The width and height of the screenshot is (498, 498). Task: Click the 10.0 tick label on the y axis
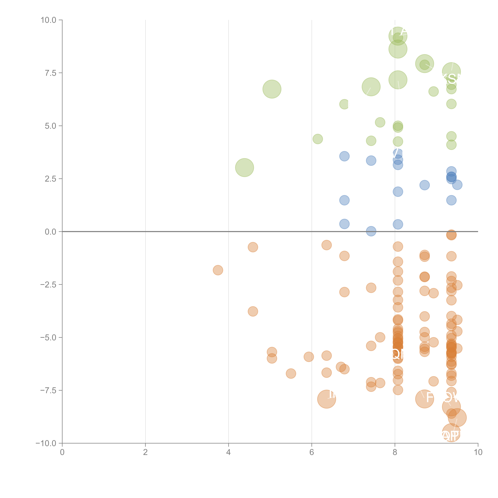click(49, 20)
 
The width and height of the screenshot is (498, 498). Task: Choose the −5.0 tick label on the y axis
click(49, 337)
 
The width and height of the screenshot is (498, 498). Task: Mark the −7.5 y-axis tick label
click(49, 390)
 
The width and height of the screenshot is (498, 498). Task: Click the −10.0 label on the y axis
click(46, 443)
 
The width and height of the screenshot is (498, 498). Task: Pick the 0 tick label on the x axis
click(62, 452)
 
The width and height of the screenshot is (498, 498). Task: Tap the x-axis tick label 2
click(145, 452)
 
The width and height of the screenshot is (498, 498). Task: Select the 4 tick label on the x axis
click(228, 452)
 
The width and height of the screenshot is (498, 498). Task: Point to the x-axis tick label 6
click(312, 452)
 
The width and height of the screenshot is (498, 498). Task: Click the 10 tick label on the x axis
click(478, 452)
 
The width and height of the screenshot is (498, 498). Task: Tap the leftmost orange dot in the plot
click(218, 270)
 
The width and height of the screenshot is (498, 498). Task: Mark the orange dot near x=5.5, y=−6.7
click(291, 373)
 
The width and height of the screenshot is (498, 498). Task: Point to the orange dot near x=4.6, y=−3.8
click(253, 311)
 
